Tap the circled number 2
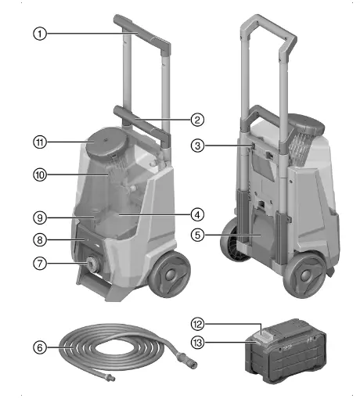198,120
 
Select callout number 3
198,146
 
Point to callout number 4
198,213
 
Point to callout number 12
198,323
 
